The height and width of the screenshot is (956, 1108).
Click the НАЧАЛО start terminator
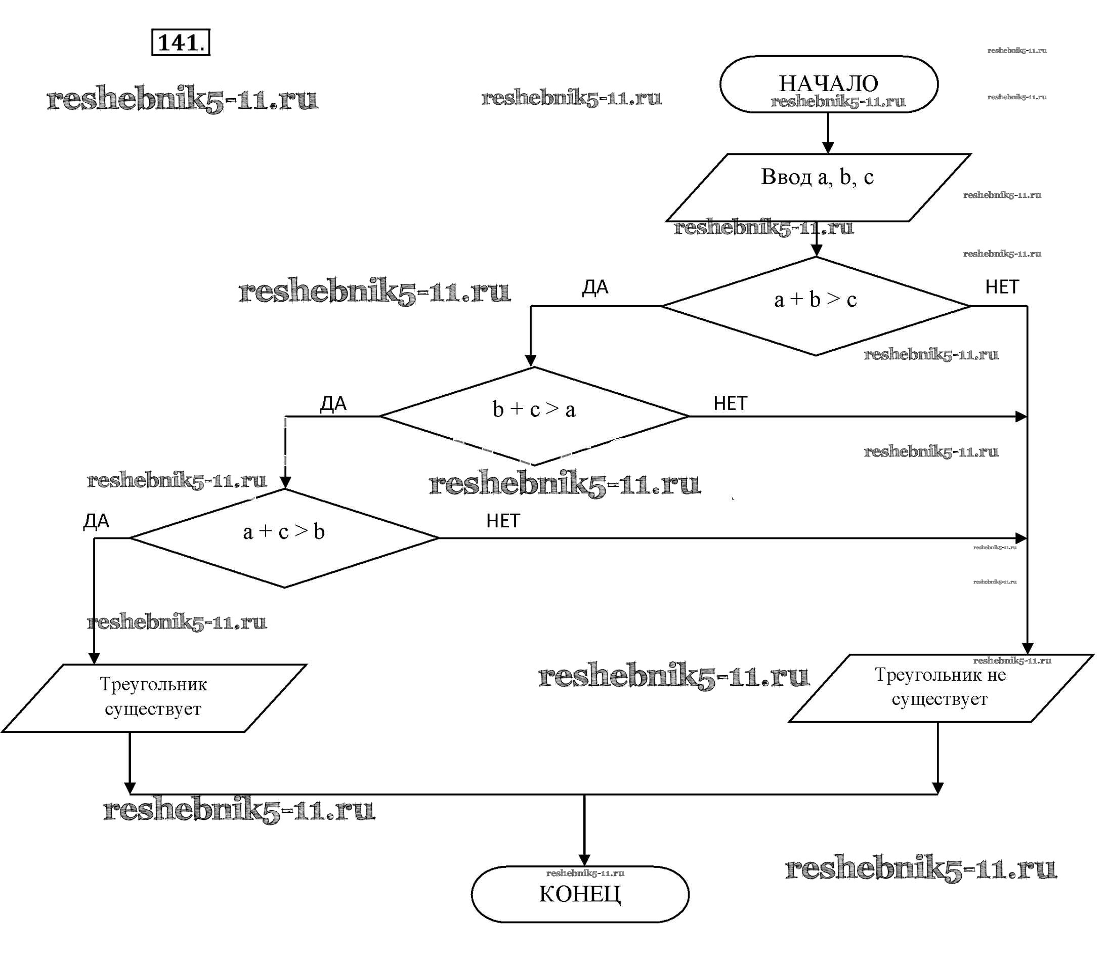pyautogui.click(x=828, y=84)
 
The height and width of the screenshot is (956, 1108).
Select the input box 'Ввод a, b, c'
pyautogui.click(x=818, y=187)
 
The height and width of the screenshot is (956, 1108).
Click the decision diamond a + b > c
pyautogui.click(x=816, y=306)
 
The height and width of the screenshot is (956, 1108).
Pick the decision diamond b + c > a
pyautogui.click(x=534, y=415)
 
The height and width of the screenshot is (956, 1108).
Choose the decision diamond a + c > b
pyautogui.click(x=284, y=537)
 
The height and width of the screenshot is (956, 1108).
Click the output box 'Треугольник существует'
pyautogui.click(x=153, y=697)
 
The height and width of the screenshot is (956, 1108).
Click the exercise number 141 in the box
pyautogui.click(x=181, y=43)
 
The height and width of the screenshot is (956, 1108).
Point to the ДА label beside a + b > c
pyautogui.click(x=595, y=287)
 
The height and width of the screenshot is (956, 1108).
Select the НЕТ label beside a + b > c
pyautogui.click(x=1002, y=287)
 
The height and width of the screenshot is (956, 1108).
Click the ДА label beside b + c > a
pyautogui.click(x=333, y=403)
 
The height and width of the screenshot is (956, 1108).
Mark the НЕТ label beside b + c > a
pyautogui.click(x=730, y=403)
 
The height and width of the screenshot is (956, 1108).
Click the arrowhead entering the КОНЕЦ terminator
pyautogui.click(x=584, y=860)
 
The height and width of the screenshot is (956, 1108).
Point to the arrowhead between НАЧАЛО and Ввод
pyautogui.click(x=828, y=148)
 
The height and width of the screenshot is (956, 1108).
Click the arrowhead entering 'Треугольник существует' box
pyautogui.click(x=94, y=658)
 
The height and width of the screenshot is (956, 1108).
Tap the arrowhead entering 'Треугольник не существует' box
pyautogui.click(x=1027, y=648)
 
